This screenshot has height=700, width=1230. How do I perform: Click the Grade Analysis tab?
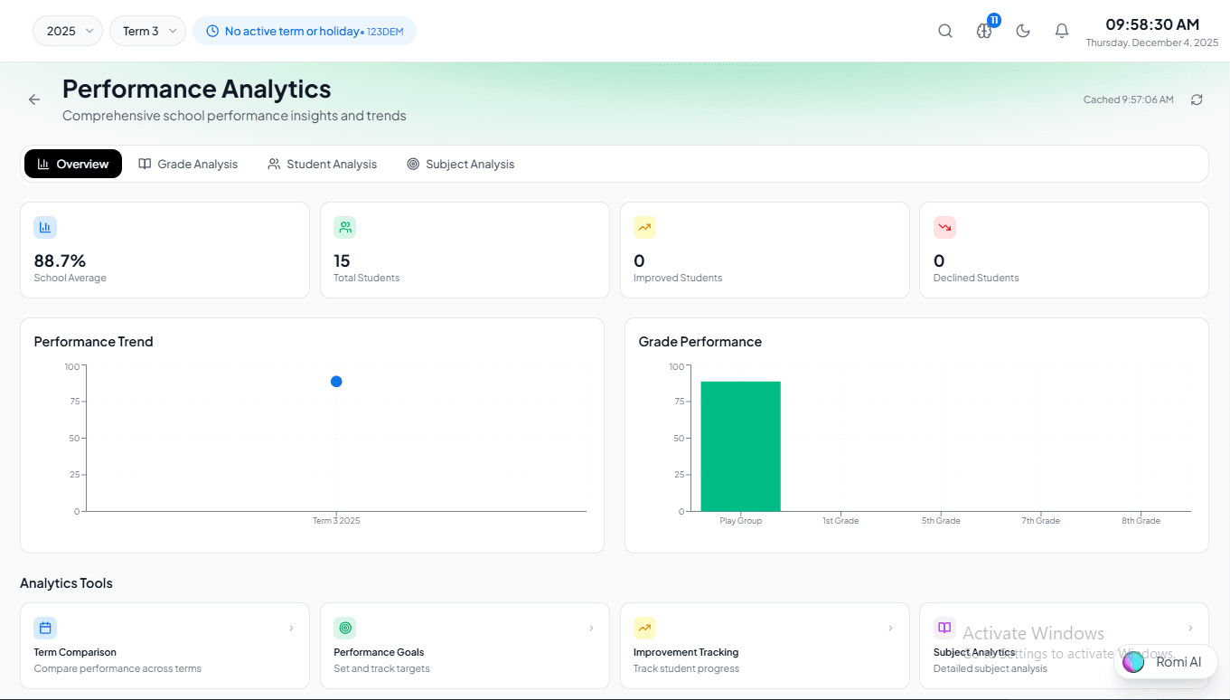188,164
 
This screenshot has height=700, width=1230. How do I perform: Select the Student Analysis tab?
322,164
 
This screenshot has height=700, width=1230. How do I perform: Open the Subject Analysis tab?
460,164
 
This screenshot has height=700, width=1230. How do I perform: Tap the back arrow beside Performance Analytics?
34,99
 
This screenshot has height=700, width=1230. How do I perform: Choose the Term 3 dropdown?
147,31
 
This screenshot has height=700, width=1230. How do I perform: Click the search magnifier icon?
945,31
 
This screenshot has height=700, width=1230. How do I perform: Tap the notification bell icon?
1062,31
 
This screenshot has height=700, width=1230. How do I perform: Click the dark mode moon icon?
1023,31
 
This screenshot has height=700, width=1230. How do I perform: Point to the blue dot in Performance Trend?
336,382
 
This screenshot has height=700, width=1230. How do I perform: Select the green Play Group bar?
740,446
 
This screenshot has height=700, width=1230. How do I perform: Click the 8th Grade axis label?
1141,521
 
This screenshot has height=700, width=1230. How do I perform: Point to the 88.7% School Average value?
60,260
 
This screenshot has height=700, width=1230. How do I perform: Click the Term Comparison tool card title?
75,652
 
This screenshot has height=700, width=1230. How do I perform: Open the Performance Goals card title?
379,652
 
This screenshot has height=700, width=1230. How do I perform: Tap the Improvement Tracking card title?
686,652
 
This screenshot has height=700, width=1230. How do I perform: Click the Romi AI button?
1166,662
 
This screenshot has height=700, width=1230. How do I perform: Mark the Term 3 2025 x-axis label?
336,521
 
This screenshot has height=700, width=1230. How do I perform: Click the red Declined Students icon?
944,227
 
